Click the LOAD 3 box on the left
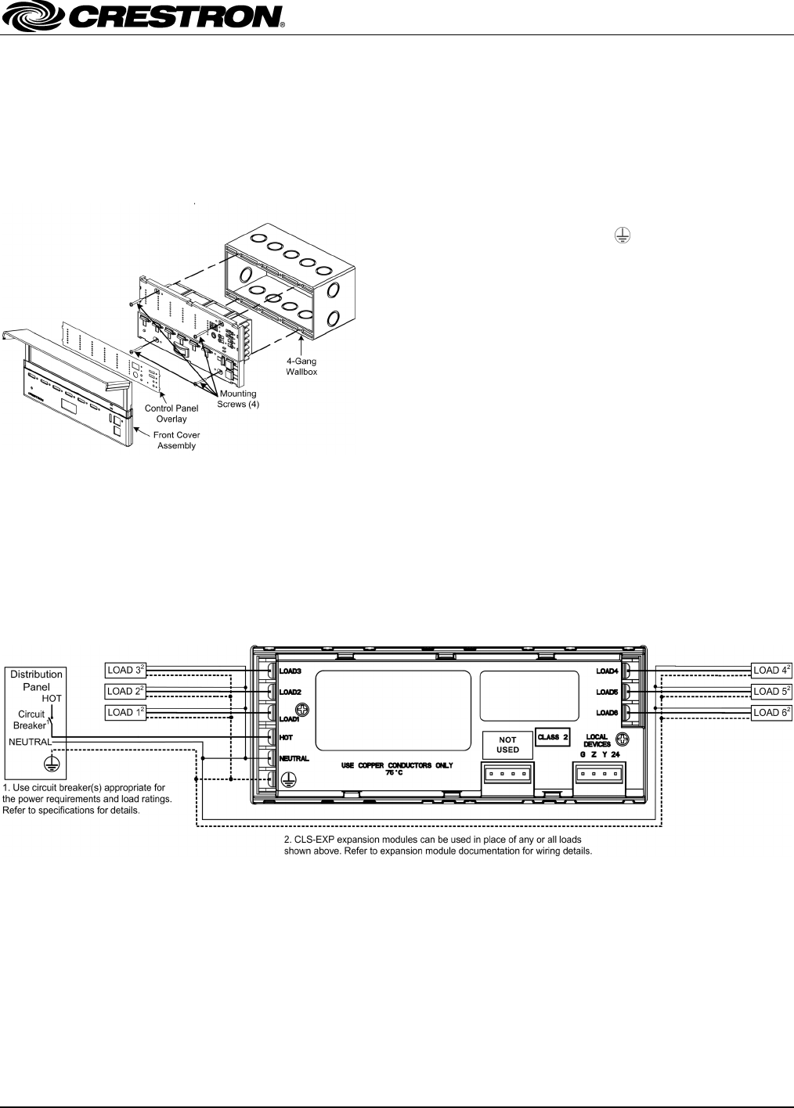point(126,671)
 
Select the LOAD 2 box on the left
point(126,691)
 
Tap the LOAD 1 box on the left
point(126,712)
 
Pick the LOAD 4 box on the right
point(772,671)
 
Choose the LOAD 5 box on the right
point(772,691)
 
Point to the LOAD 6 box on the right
point(772,712)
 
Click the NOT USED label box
point(507,744)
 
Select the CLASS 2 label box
point(553,737)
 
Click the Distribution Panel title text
point(36,680)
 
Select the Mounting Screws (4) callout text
point(238,399)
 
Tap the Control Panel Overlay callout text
point(171,413)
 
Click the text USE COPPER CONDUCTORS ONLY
point(396,764)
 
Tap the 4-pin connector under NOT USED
point(507,775)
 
